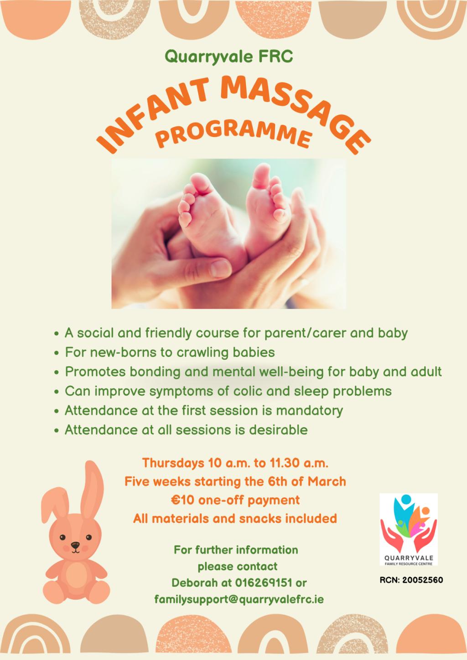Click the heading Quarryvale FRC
[x=229, y=57]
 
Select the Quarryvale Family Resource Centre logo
[x=408, y=530]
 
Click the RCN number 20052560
[x=422, y=580]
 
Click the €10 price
[x=182, y=500]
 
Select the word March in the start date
[x=327, y=482]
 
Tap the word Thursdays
[x=173, y=463]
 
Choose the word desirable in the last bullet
[x=278, y=430]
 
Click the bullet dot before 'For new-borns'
[x=57, y=353]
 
